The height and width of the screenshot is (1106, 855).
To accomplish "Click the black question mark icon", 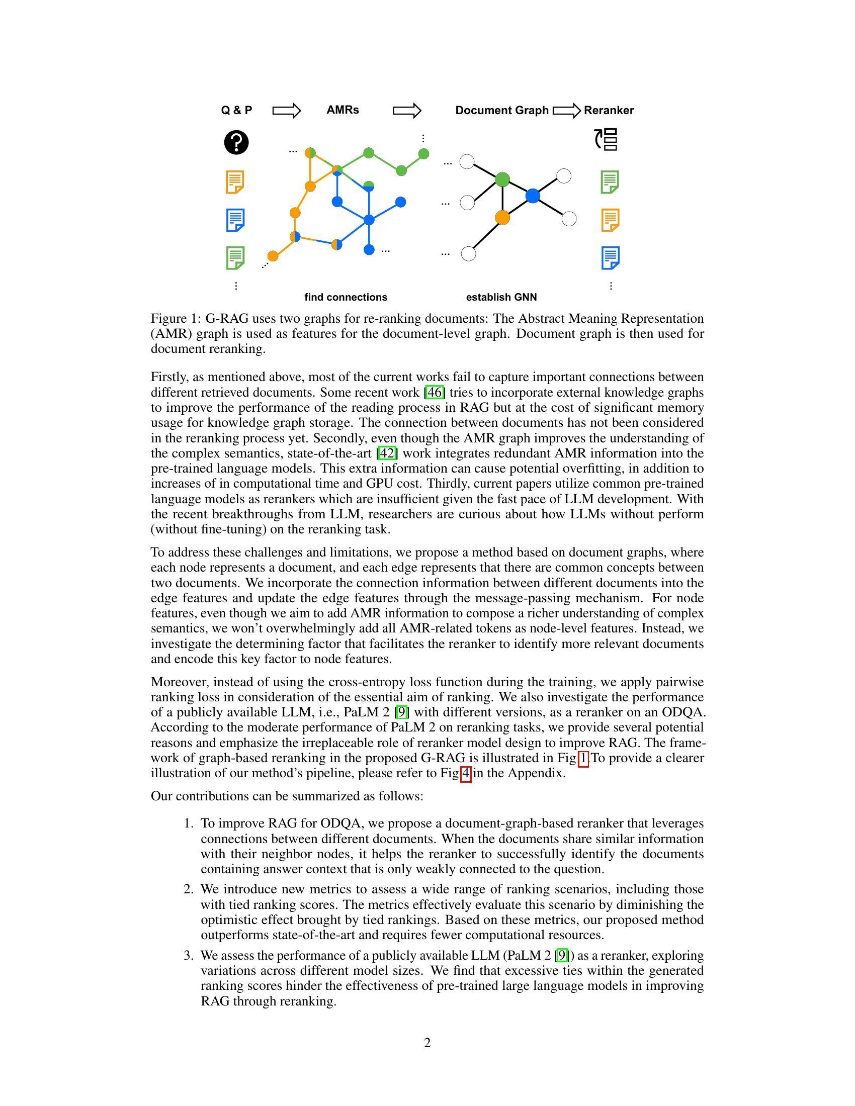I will [x=236, y=142].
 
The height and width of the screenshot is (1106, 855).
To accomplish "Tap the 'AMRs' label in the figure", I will [x=343, y=110].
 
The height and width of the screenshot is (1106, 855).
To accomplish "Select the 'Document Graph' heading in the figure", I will [x=501, y=111].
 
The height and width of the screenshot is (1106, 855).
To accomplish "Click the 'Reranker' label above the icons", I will [x=609, y=111].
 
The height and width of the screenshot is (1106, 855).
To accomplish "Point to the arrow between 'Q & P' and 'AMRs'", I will [x=287, y=111].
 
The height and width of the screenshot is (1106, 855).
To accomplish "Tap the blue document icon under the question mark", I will [x=235, y=220].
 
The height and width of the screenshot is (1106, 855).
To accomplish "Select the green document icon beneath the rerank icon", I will [x=610, y=182].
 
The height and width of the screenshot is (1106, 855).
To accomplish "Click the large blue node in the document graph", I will [x=532, y=196].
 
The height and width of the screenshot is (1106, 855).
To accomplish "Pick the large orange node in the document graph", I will [x=502, y=217].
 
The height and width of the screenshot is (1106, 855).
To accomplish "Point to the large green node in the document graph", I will [x=502, y=179].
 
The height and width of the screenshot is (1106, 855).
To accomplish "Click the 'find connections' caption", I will [x=346, y=297].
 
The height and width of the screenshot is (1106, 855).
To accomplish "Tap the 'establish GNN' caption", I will [x=501, y=297].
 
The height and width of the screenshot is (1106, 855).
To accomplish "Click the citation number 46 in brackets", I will [x=435, y=393].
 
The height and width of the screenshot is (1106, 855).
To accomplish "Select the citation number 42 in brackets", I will [x=387, y=453].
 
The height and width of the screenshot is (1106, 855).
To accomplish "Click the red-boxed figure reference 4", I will [x=466, y=773].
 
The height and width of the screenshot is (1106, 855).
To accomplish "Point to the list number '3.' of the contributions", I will [x=189, y=956].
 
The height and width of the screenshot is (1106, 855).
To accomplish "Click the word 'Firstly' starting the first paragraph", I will [x=168, y=377].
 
